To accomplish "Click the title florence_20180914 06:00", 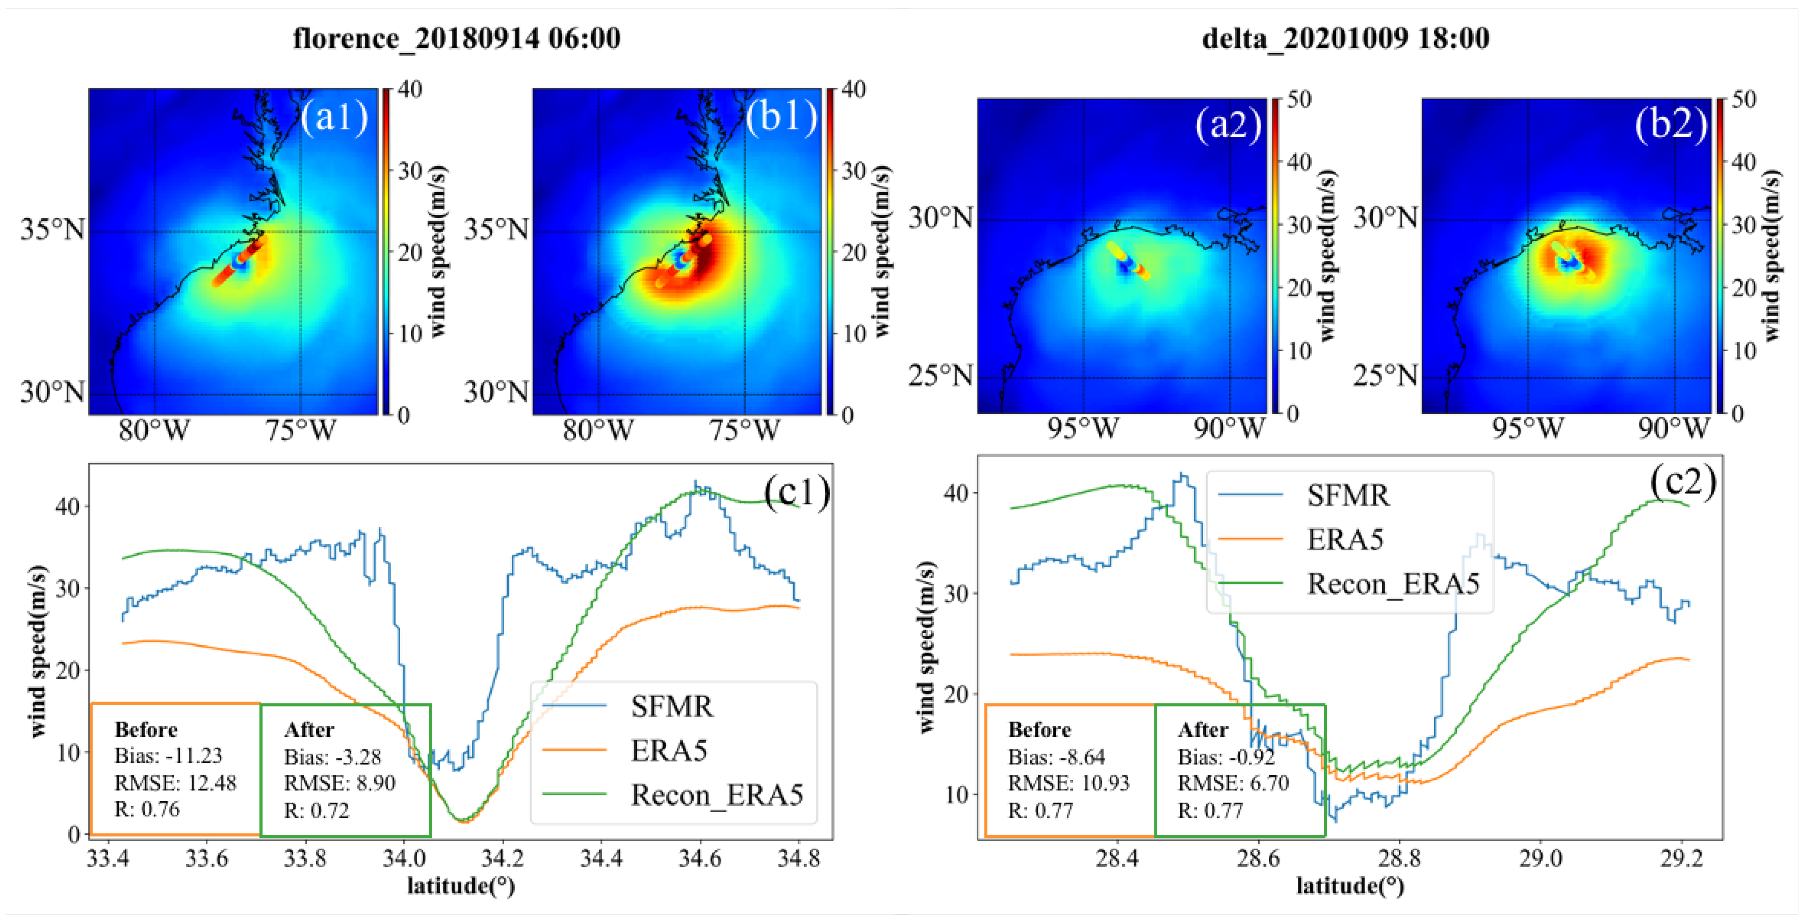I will click(456, 38).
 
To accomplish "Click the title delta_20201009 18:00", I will click(1346, 38).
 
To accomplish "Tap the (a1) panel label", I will click(334, 117).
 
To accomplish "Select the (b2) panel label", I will click(1671, 125).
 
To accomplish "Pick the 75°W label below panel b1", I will click(744, 430).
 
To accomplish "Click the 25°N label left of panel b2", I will click(1385, 376).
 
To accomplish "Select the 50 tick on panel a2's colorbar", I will click(1299, 100).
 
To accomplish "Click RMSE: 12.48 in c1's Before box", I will click(175, 783).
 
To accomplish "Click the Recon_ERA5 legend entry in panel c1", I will click(716, 795).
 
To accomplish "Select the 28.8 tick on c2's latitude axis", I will click(1399, 858).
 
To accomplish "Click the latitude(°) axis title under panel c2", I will click(1350, 886).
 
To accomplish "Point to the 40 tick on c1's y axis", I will click(67, 506).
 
